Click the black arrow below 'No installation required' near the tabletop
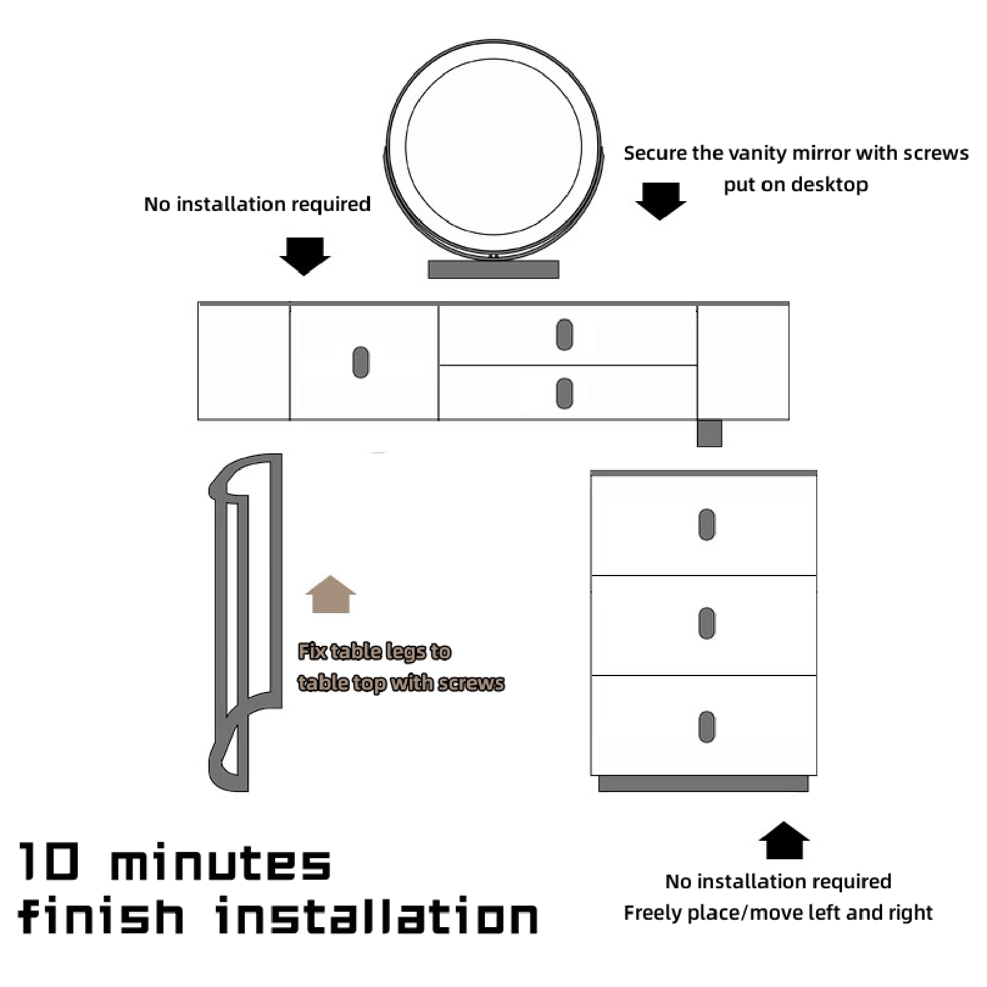305,256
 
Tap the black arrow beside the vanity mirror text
661,201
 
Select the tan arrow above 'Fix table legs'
331,594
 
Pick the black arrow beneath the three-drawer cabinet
784,840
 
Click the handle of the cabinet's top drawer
707,524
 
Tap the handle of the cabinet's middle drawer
707,623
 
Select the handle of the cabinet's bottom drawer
707,727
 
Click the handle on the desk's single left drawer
361,362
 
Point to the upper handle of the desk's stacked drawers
564,334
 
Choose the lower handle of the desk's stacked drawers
564,393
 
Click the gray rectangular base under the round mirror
493,269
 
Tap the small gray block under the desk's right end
709,433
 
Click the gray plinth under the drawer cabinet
703,783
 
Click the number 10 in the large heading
49,861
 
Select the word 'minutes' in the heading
221,861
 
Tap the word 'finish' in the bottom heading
101,915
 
